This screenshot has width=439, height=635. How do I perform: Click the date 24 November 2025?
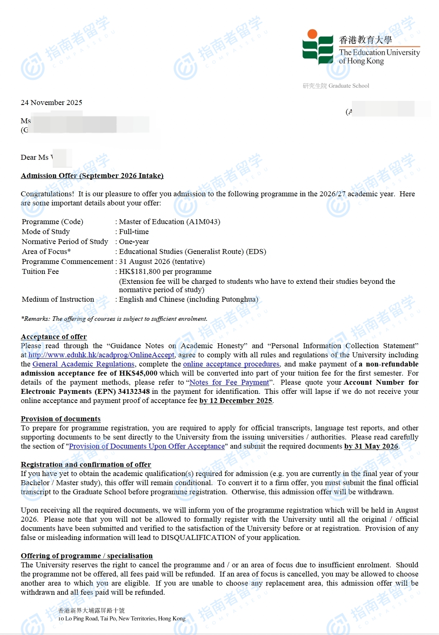click(51, 103)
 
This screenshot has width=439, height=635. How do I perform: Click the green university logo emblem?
click(317, 47)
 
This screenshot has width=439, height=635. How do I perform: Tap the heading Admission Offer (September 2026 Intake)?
click(92, 176)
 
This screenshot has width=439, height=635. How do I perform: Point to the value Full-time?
click(134, 232)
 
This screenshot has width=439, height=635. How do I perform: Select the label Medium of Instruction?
click(58, 299)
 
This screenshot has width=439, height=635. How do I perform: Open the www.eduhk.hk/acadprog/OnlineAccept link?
click(101, 355)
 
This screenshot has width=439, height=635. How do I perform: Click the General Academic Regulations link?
click(83, 364)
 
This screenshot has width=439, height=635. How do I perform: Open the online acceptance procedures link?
click(231, 364)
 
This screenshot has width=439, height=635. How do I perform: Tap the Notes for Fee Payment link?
click(229, 382)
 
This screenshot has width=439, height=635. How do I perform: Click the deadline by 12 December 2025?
click(236, 401)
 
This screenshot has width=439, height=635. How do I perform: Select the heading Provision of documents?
click(61, 419)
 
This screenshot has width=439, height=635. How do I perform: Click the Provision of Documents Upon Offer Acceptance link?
click(147, 446)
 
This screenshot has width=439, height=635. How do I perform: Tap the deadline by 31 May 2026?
click(371, 446)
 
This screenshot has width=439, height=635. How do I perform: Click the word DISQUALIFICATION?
click(198, 537)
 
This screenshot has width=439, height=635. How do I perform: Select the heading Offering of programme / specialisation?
click(87, 556)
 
